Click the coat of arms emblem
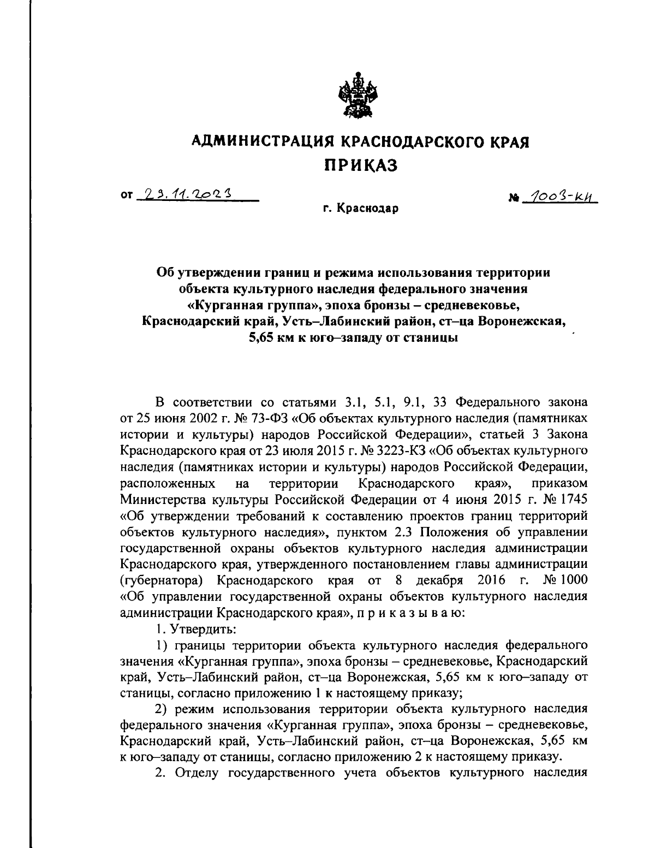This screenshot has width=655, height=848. [x=356, y=97]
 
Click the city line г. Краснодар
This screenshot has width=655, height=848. [x=360, y=209]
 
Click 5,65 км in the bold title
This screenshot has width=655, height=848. [x=276, y=337]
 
